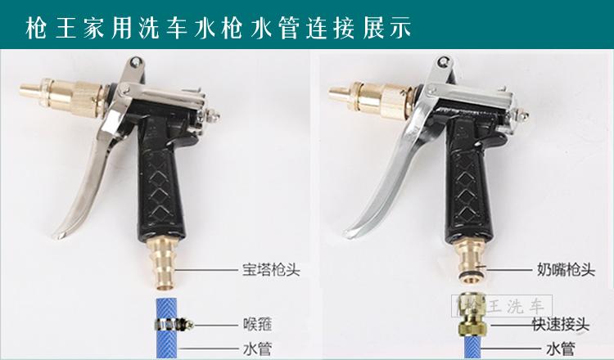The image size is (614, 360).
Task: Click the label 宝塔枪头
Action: click(271, 270)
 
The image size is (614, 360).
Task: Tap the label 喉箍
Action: click(257, 324)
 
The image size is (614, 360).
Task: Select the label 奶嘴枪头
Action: click(566, 270)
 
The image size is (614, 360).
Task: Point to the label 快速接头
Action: click(560, 324)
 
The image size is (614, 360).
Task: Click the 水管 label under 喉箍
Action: click(257, 349)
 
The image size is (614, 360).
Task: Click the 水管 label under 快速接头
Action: click(560, 349)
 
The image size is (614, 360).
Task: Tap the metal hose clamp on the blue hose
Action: click(173, 324)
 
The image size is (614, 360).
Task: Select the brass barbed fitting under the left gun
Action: click(163, 264)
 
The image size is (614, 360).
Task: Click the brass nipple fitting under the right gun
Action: click(472, 260)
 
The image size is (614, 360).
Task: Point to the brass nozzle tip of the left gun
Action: click(30, 92)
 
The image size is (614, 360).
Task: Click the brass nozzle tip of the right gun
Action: click(339, 93)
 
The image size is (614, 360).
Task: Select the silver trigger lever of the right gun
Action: click(391, 172)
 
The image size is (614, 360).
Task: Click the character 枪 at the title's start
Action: click(36, 28)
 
